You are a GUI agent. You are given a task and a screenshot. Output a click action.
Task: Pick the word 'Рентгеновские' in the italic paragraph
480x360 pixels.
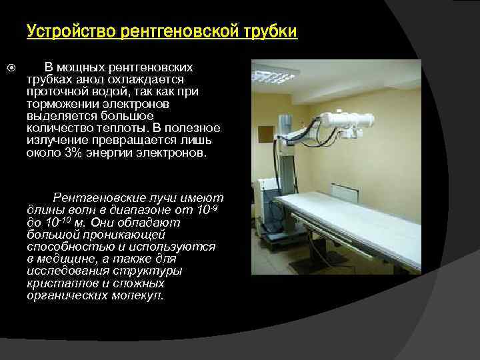[95, 198]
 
